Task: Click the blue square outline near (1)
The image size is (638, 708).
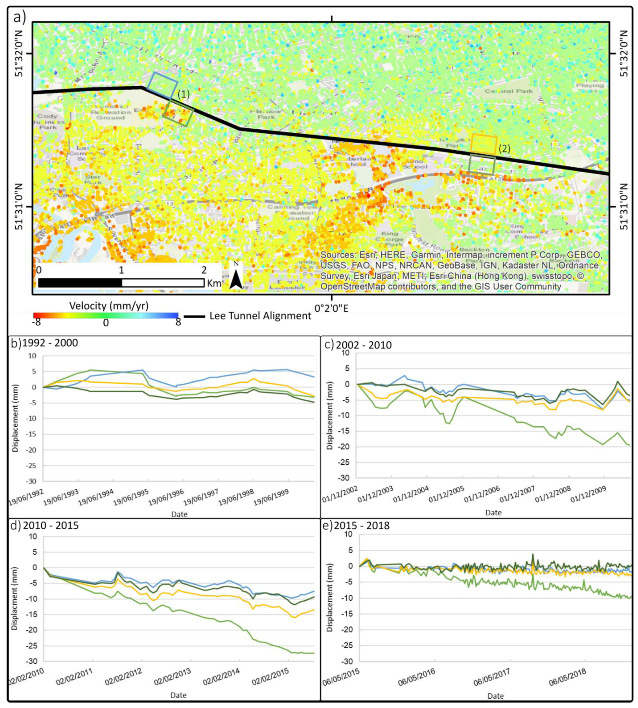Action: pyautogui.click(x=162, y=86)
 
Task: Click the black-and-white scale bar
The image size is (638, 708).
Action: pyautogui.click(x=121, y=283)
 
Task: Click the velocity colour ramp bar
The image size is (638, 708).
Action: pyautogui.click(x=106, y=315)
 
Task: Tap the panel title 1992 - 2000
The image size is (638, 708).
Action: pyautogui.click(x=50, y=343)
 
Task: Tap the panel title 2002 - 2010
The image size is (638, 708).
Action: pyautogui.click(x=363, y=345)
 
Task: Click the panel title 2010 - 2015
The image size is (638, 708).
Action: pyautogui.click(x=51, y=526)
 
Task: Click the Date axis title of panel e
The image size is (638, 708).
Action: pyautogui.click(x=495, y=696)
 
